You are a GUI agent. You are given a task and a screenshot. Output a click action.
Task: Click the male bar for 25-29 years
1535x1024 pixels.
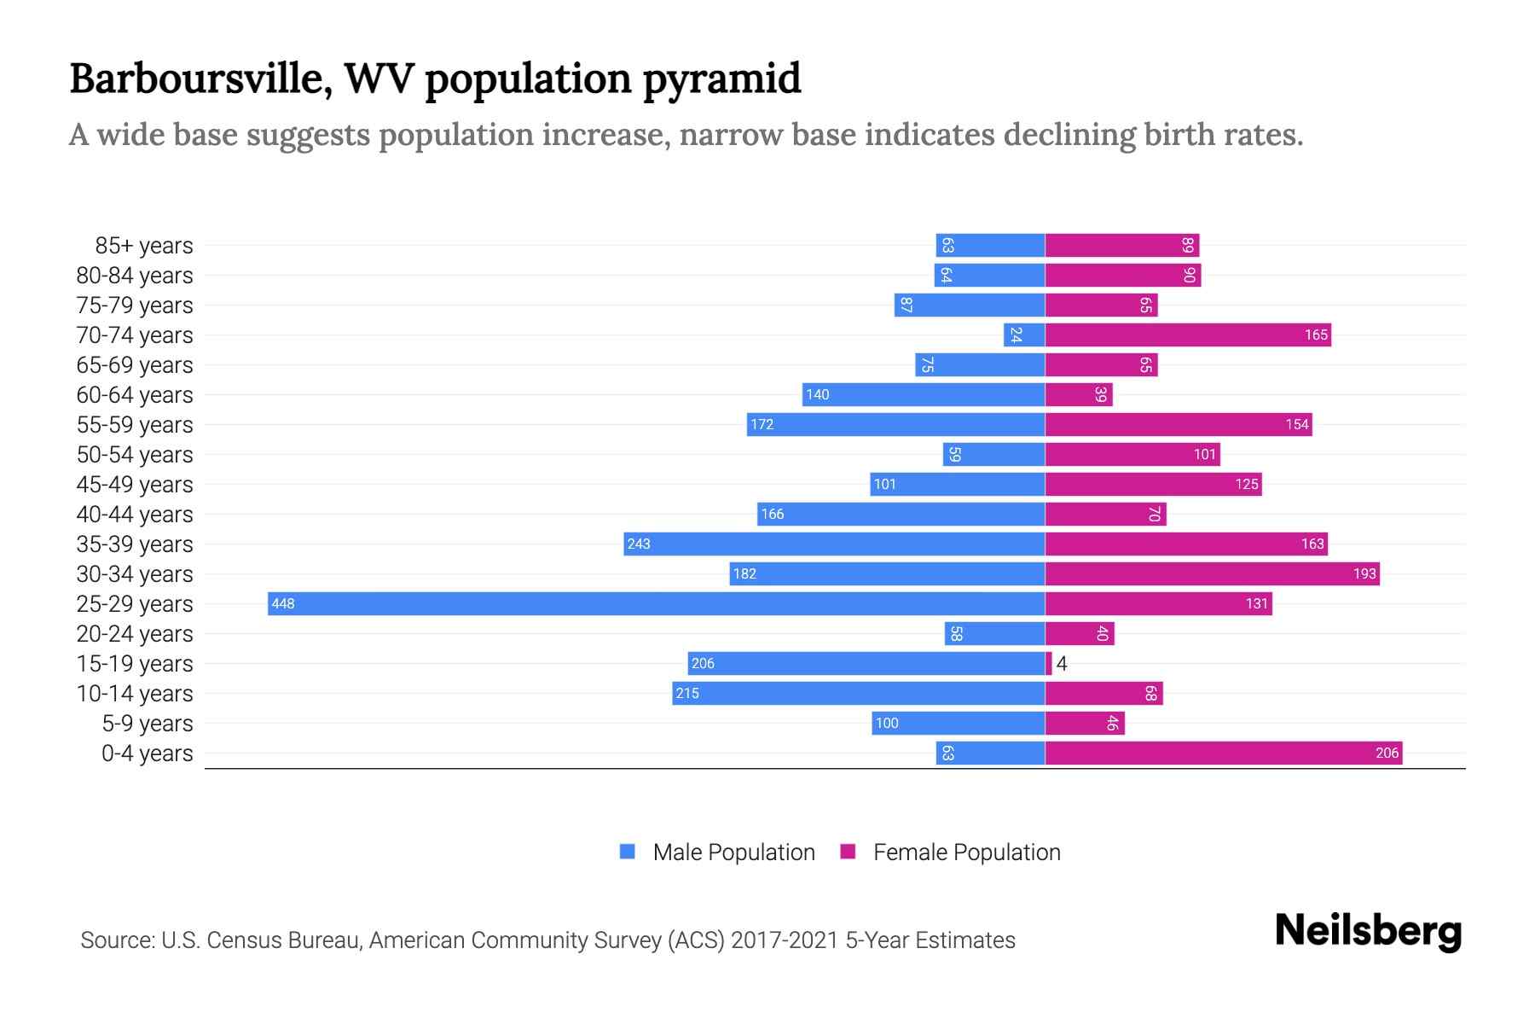coord(657,603)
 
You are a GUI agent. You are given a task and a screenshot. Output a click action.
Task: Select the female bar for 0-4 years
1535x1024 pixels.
coord(1224,753)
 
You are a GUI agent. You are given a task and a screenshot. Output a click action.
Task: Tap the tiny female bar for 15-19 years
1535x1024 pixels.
coord(1049,663)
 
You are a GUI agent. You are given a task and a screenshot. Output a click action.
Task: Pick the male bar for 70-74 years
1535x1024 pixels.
coord(1024,335)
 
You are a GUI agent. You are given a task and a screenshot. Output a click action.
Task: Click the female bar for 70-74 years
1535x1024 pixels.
coord(1188,335)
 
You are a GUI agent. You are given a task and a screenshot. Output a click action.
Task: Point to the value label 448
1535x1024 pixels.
coord(282,604)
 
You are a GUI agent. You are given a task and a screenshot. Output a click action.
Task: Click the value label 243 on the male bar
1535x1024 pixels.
coord(638,544)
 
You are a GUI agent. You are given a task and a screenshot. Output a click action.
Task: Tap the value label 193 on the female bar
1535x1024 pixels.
coord(1364,574)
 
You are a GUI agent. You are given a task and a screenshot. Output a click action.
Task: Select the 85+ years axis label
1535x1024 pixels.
coord(143,246)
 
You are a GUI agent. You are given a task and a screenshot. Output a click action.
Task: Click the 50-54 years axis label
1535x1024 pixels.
coord(135,455)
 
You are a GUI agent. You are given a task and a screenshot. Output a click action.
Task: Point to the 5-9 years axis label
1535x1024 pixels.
coord(147,724)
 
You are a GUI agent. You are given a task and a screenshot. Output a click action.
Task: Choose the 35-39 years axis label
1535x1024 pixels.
coord(135,544)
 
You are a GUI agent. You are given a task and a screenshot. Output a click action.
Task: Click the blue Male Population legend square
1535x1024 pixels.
coord(628,852)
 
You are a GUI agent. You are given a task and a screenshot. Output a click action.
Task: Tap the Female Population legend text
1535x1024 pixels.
coord(966,852)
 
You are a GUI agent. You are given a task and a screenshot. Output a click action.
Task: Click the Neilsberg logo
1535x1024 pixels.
coord(1368,931)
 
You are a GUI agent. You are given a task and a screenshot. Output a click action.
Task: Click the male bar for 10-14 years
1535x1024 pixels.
coord(859,693)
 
